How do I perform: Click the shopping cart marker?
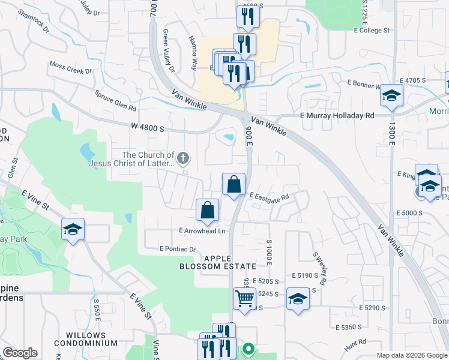pos(244,298)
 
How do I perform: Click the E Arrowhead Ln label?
pos(202,230)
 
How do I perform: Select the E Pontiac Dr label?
pos(178,249)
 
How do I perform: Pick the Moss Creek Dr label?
pos(70,68)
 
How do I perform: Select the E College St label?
pos(371,30)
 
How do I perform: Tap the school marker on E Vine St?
pos(73,229)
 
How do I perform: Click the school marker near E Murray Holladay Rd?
pos(391,95)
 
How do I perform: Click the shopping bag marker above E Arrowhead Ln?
pos(207,211)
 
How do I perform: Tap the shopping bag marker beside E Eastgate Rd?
pos(234,184)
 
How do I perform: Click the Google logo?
pos(20,353)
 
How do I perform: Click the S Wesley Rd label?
pos(319,268)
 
